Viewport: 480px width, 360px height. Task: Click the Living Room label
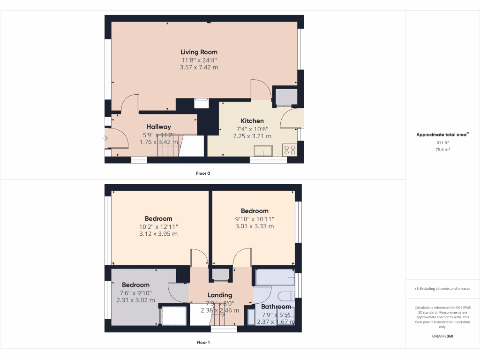click(x=199, y=52)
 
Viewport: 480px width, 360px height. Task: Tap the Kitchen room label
click(x=252, y=121)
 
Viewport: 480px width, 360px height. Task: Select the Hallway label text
click(x=158, y=127)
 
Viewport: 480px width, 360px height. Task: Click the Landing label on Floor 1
click(x=220, y=295)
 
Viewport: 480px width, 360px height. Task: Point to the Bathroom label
click(x=276, y=307)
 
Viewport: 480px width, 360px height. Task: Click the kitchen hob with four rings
click(x=289, y=150)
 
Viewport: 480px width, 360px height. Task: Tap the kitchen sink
click(x=263, y=150)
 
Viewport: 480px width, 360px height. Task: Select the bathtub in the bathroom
click(x=275, y=277)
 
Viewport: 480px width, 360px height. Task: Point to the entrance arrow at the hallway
click(x=105, y=138)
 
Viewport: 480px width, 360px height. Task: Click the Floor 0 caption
click(x=203, y=173)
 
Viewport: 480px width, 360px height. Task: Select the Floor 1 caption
click(x=203, y=343)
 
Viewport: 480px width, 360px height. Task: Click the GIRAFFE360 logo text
click(x=442, y=336)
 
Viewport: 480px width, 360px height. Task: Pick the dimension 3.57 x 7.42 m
click(x=199, y=67)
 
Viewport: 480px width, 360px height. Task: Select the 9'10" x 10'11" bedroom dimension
click(x=255, y=219)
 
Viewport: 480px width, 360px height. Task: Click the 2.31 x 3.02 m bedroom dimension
click(x=135, y=300)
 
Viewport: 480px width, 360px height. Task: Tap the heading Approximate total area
click(x=442, y=135)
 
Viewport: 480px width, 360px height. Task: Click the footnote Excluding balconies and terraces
click(x=442, y=289)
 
